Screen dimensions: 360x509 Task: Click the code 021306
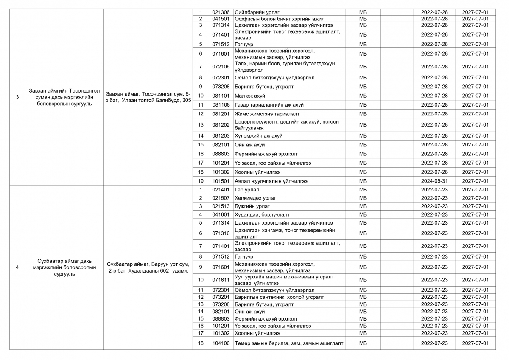point(221,12)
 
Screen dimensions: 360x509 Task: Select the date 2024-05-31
point(434,181)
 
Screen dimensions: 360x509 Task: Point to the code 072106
point(221,67)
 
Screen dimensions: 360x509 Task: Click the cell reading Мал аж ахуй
point(249,96)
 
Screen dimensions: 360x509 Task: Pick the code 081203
point(221,136)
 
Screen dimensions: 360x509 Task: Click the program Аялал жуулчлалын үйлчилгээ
point(271,181)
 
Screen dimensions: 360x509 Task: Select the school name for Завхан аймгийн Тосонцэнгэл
point(64,97)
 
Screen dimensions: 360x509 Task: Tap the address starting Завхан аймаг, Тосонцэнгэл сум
point(148,97)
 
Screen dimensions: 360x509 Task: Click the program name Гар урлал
point(247,190)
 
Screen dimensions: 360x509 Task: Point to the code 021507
point(221,198)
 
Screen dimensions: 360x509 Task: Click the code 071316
point(221,233)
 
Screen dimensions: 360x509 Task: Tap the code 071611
point(221,280)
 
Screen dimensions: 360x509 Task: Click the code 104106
point(221,343)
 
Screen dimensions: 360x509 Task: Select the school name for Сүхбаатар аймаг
point(64,267)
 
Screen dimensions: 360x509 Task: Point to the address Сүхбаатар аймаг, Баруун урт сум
point(148,267)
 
